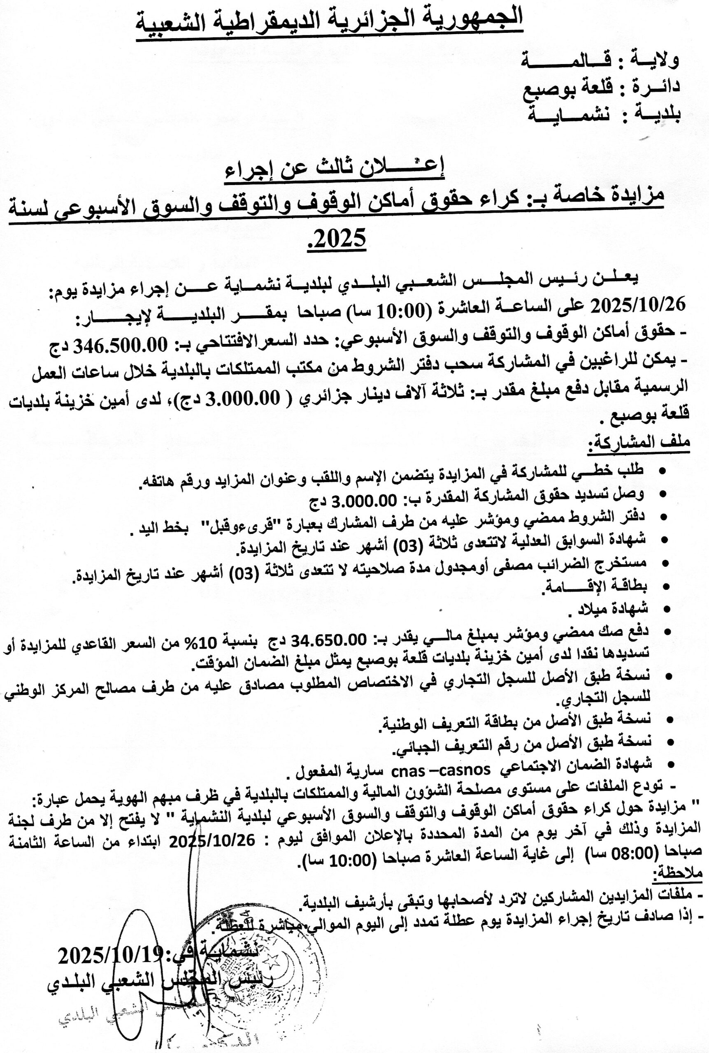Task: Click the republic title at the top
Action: pyautogui.click(x=330, y=23)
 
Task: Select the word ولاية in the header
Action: pyautogui.click(x=658, y=60)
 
